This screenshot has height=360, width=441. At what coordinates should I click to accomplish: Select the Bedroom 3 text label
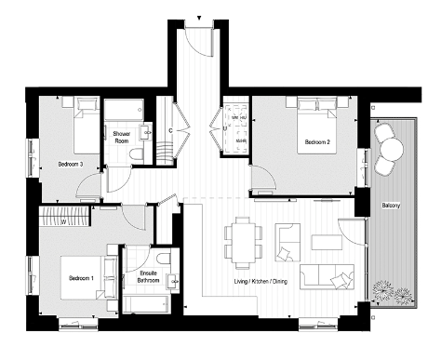coord(71,164)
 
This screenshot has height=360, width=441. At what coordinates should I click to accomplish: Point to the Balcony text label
coord(390,205)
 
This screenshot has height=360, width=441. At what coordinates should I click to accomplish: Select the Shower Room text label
coord(122,137)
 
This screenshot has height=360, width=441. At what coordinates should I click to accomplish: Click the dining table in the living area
coord(244,241)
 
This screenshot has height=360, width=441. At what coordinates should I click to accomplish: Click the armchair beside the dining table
coord(287,244)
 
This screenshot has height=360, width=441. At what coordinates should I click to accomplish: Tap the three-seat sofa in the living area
coord(333,275)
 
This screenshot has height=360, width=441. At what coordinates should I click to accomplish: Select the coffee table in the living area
coord(326,244)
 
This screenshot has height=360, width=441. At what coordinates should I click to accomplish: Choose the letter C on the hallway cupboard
coord(170,131)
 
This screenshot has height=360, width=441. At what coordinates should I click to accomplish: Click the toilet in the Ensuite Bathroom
coord(165,258)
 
